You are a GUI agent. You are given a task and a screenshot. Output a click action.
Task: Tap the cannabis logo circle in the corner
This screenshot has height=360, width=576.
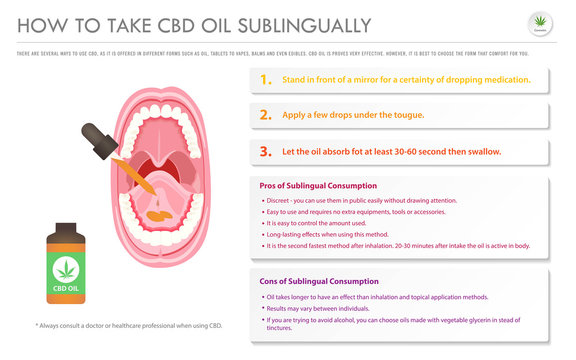547,25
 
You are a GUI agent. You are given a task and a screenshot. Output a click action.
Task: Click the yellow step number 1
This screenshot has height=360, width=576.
264,79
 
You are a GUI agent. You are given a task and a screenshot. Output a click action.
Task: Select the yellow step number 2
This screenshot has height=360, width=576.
265,115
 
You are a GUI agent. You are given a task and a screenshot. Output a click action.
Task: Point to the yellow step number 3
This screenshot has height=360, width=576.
265,152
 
